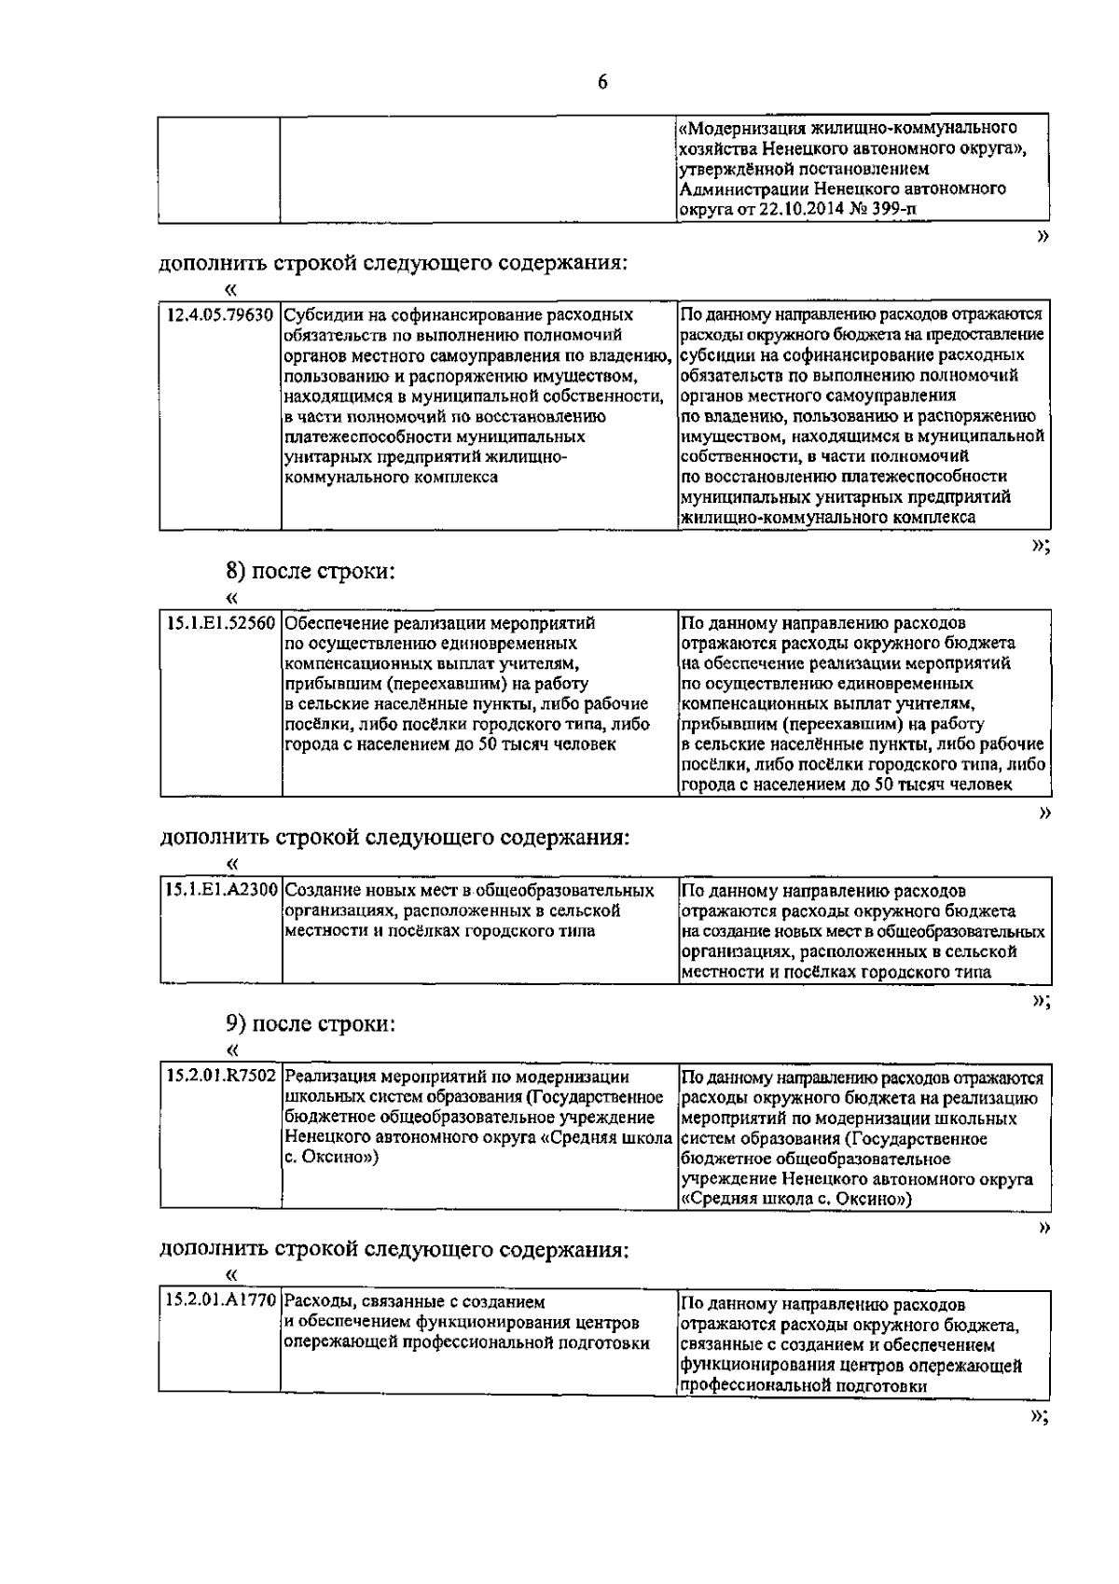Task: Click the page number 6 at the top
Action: pos(601,82)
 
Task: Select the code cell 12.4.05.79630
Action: pos(220,315)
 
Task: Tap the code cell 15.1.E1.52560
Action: pos(221,623)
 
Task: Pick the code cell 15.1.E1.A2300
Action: pos(221,891)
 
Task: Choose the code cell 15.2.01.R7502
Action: pos(221,1077)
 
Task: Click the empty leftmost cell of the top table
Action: pos(220,168)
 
